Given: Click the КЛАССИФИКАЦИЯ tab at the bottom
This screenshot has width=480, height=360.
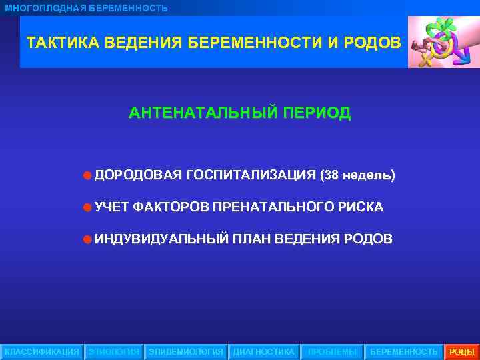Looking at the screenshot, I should pyautogui.click(x=41, y=351).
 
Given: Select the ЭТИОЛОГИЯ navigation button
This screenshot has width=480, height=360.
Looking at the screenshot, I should pyautogui.click(x=114, y=351).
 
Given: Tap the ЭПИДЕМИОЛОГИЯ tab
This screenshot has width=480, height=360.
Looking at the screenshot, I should pyautogui.click(x=186, y=351).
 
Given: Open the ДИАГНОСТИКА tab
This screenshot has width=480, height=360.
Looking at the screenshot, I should pyautogui.click(x=263, y=351).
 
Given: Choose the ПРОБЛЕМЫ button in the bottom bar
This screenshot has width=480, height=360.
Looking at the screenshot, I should pyautogui.click(x=331, y=351).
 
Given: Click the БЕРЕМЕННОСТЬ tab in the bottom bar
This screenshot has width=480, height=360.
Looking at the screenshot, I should pyautogui.click(x=403, y=351).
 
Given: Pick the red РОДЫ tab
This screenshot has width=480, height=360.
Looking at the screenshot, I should pyautogui.click(x=461, y=351).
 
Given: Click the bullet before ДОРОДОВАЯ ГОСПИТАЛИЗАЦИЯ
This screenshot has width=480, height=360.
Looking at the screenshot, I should pyautogui.click(x=87, y=176).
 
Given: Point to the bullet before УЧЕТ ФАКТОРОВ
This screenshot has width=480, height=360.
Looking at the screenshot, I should pyautogui.click(x=87, y=207).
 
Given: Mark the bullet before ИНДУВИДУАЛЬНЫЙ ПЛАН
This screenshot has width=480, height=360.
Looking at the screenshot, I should pyautogui.click(x=87, y=239).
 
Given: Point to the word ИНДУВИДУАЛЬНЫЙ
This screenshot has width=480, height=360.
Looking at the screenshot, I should pyautogui.click(x=162, y=239).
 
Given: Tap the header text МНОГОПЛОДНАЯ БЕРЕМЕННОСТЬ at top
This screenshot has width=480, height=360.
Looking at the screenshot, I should pyautogui.click(x=87, y=8).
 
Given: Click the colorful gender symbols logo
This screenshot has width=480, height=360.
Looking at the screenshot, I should pyautogui.click(x=443, y=42).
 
